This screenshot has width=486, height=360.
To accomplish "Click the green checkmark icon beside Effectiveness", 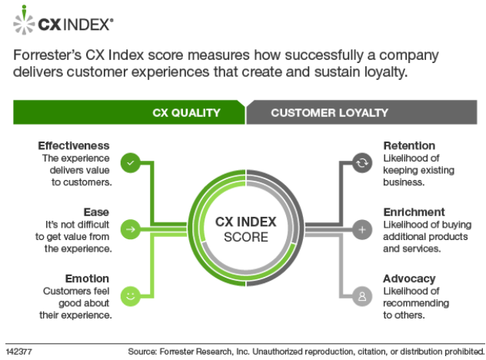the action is [131, 163].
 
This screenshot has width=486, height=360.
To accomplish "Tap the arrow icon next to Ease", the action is [131, 229].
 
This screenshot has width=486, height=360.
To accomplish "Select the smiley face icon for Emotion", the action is [131, 296].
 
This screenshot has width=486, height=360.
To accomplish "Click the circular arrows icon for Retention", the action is [362, 163].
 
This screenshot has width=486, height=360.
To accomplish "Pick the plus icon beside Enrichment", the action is [362, 229].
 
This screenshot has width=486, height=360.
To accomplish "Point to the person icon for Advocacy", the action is [362, 296].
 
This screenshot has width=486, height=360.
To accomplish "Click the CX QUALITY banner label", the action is [186, 113].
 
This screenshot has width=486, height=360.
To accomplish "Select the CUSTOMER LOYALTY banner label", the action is [329, 113].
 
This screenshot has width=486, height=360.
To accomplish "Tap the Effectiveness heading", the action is [74, 145].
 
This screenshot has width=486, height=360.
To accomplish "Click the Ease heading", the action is [96, 212].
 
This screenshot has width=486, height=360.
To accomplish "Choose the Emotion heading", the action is [87, 278].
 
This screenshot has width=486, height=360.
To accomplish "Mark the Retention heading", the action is [409, 145].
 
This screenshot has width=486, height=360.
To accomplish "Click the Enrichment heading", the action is [414, 212].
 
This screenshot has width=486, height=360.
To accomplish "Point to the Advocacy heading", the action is [409, 278].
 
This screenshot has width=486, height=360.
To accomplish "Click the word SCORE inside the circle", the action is [246, 237].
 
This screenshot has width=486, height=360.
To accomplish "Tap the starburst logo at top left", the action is [24, 20].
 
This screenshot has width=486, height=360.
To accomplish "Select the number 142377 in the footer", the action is [18, 352].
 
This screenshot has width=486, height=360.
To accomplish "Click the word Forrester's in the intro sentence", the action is [48, 55].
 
